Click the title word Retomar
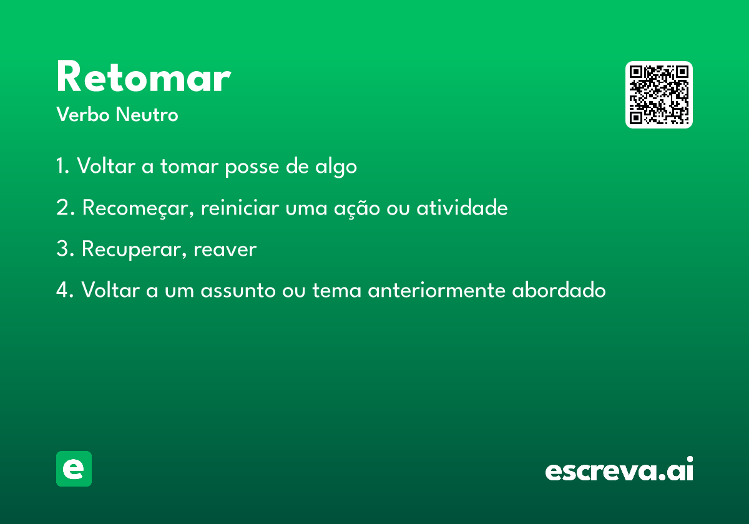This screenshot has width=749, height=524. tap(144, 76)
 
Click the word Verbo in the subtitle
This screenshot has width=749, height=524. tap(83, 114)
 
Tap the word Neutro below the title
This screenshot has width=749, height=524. tap(147, 114)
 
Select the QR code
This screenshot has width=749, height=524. tap(658, 95)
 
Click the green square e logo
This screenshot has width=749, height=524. tap(74, 468)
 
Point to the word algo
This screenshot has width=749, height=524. tap(336, 167)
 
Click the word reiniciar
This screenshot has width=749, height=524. tap(240, 207)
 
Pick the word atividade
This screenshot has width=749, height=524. tap(462, 207)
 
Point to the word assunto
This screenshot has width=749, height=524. tap(238, 290)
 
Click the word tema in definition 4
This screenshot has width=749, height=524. tap(336, 290)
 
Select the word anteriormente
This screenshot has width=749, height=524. tap(436, 289)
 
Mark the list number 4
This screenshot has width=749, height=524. tap(63, 289)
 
